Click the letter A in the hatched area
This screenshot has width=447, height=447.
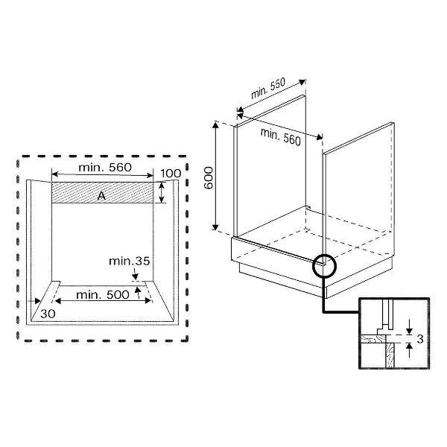(101, 196)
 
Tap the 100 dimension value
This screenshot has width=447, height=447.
(171, 174)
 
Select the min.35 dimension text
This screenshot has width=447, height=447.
(130, 261)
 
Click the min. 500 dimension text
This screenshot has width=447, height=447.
(103, 294)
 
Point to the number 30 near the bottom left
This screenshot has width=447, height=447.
(48, 314)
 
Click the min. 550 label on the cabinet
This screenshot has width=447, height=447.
(268, 88)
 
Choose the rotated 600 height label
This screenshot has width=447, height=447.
(209, 178)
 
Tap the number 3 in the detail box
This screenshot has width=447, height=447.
(420, 339)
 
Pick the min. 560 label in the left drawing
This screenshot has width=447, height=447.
(105, 168)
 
